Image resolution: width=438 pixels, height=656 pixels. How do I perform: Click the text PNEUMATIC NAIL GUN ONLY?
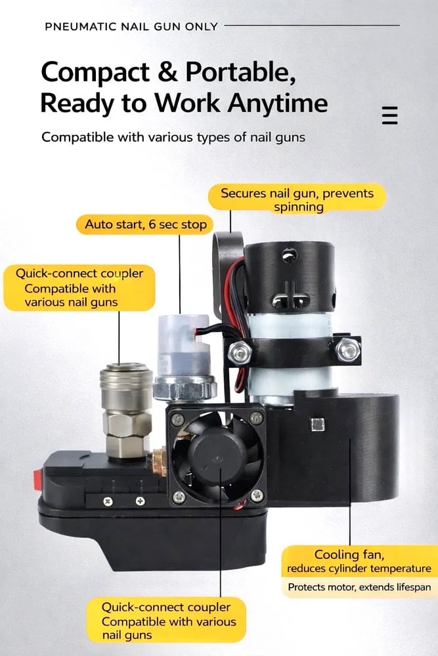pyautogui.click(x=131, y=27)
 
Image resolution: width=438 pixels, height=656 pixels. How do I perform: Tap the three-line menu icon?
pyautogui.click(x=390, y=115)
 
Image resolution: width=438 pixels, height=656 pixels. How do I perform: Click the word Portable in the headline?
pyautogui.click(x=240, y=72)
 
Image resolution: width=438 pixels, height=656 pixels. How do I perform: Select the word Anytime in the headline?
pyautogui.click(x=278, y=102)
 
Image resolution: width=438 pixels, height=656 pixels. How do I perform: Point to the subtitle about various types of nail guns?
pyautogui.click(x=173, y=137)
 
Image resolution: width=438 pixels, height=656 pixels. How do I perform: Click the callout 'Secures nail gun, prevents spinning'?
pyautogui.click(x=297, y=199)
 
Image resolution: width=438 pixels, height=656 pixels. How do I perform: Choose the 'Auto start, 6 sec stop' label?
pyautogui.click(x=145, y=224)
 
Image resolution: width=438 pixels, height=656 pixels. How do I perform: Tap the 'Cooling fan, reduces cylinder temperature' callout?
pyautogui.click(x=359, y=562)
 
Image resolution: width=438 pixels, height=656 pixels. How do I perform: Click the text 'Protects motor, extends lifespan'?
pyautogui.click(x=359, y=587)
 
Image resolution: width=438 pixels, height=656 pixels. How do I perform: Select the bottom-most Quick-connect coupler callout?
pyautogui.click(x=166, y=621)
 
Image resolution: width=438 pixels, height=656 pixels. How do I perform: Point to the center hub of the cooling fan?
pyautogui.click(x=217, y=457)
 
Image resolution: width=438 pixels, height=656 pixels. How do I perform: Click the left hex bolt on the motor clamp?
pyautogui.click(x=240, y=352)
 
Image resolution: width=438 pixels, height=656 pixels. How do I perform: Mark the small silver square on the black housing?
pyautogui.click(x=318, y=424)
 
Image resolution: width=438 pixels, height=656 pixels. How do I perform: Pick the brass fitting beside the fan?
pyautogui.click(x=160, y=461)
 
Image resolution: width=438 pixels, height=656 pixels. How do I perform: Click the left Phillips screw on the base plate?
pyautogui.click(x=108, y=501)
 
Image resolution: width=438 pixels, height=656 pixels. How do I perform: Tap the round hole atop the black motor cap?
pyautogui.click(x=290, y=255)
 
